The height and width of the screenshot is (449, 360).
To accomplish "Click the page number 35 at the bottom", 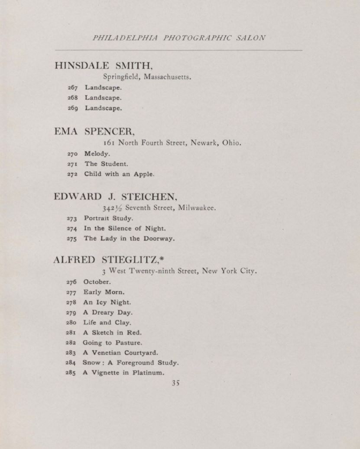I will click(175, 383).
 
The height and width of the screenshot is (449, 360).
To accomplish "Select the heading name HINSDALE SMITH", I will click(104, 66).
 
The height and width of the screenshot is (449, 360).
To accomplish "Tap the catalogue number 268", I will click(73, 98).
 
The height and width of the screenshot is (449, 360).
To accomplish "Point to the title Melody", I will click(97, 153).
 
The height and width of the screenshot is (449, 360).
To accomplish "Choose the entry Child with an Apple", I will click(119, 174).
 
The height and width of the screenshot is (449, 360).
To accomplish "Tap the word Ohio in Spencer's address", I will click(231, 142).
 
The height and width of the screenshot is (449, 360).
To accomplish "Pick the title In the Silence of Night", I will click(125, 228).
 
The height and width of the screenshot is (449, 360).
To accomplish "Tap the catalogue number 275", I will click(72, 239).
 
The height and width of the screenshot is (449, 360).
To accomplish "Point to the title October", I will click(97, 282).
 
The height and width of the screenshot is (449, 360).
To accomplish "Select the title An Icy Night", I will click(107, 302).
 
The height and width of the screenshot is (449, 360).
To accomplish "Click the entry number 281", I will click(71, 333).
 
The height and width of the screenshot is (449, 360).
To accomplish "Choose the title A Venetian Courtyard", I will click(120, 352).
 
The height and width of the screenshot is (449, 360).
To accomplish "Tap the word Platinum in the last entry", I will click(148, 373).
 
